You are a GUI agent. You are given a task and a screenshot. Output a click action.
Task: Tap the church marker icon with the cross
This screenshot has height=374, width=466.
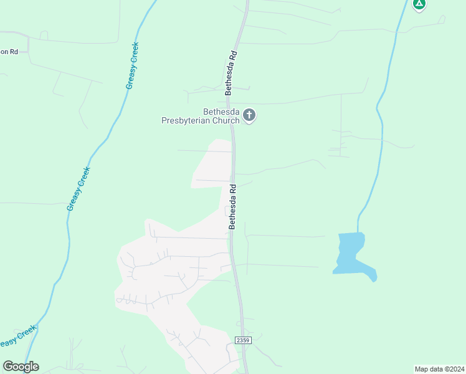pyautogui.click(x=249, y=115)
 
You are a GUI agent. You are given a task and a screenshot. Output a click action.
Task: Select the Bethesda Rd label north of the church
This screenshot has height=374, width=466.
pyautogui.click(x=231, y=72)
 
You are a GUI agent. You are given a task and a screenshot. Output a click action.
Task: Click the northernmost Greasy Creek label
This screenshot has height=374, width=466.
pyautogui.click(x=132, y=65)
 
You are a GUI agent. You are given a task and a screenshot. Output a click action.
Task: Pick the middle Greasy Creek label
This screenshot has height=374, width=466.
pyautogui.click(x=79, y=188)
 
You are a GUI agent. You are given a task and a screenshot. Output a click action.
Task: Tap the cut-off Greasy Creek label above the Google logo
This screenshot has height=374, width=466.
pyautogui.click(x=17, y=337)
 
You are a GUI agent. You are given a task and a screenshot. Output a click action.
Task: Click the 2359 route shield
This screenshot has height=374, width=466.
pyautogui.click(x=243, y=340)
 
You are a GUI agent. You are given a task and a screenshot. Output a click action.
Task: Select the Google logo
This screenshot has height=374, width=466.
pyautogui.click(x=21, y=367)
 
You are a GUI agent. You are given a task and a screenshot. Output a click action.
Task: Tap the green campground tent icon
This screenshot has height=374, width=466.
pyautogui.click(x=419, y=4)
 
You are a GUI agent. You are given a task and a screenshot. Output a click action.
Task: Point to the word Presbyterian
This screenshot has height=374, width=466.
pyautogui.click(x=184, y=120)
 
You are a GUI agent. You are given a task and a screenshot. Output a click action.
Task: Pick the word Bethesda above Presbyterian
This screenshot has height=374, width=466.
pyautogui.click(x=204, y=112)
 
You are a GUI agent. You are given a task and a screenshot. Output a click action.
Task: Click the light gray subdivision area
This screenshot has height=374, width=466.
pyautogui.click(x=168, y=274)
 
